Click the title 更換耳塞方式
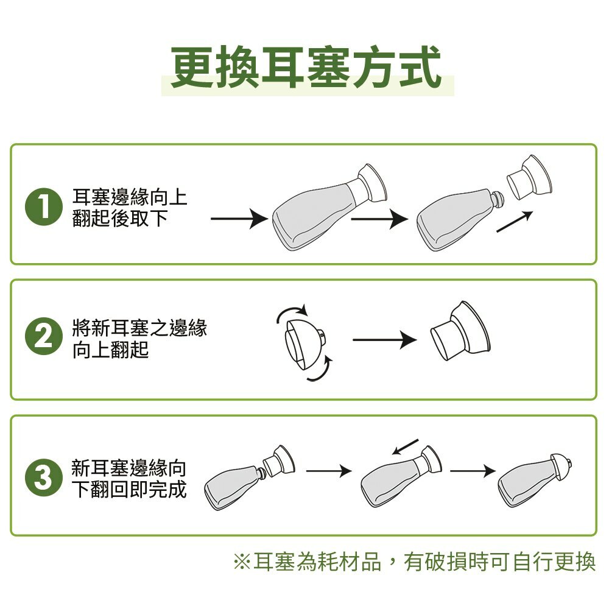pos(306,67)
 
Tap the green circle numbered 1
pos(43,207)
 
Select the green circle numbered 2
pos(43,336)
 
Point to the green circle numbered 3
pos(43,477)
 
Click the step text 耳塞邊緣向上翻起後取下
pos(130,208)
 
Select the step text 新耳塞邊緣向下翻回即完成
pos(129,479)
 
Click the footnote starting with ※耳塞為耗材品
pos(414,562)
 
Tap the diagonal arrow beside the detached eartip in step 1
pos(515,222)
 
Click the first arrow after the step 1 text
pos(239,219)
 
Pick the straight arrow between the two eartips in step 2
pos(385,340)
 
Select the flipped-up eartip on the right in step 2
pos(460,331)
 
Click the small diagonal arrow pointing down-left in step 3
pos(405,446)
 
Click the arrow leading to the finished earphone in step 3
pos(473,471)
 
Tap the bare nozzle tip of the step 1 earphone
pos(497,199)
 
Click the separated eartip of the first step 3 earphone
pos(278,460)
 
